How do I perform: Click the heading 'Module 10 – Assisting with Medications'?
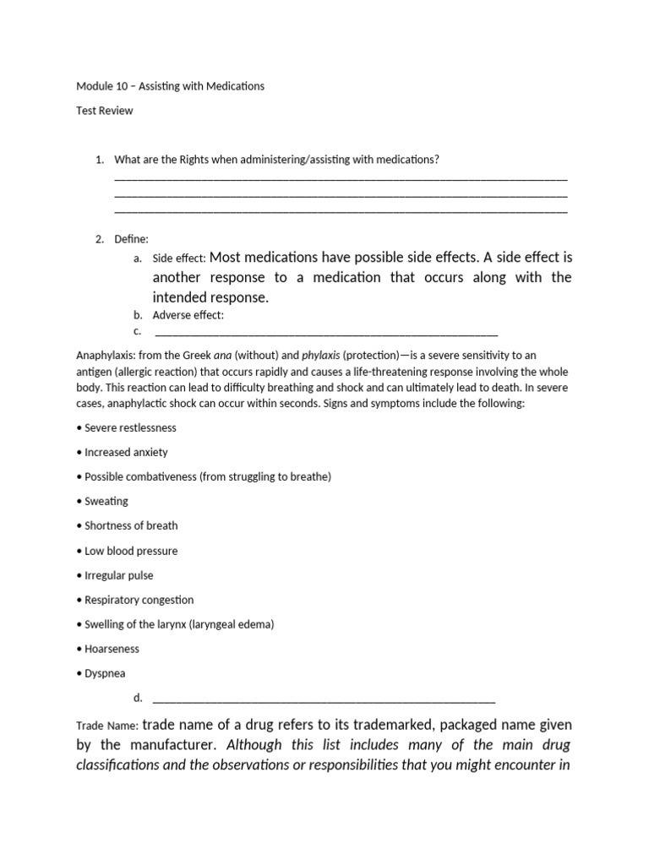[170, 86]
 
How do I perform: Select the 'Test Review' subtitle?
[104, 111]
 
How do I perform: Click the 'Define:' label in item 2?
[131, 239]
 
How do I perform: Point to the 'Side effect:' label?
[178, 258]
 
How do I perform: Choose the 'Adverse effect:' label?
[188, 315]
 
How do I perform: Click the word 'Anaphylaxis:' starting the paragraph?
[107, 356]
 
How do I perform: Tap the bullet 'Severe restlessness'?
[130, 428]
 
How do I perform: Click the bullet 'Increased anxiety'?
[126, 453]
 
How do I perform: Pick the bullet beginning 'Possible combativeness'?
[207, 477]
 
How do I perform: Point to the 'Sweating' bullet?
[106, 502]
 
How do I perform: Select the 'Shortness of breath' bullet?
[131, 526]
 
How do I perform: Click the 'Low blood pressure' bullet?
[131, 551]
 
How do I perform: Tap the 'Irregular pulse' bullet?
[119, 575]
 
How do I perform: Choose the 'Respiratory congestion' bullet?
[139, 600]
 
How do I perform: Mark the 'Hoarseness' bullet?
[112, 649]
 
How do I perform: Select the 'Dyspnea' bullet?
[105, 673]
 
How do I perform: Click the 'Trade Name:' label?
[107, 726]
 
